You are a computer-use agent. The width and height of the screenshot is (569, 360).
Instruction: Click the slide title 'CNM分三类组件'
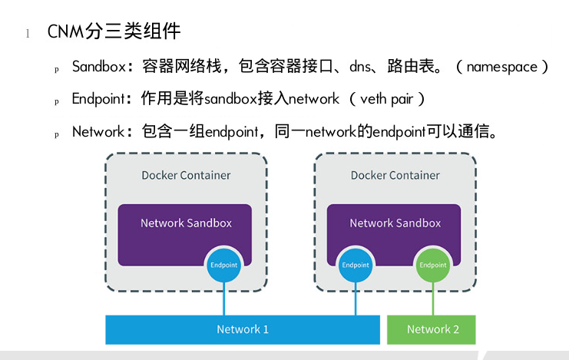pyautogui.click(x=114, y=31)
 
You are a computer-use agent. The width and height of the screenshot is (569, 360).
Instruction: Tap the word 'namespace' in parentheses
pyautogui.click(x=501, y=67)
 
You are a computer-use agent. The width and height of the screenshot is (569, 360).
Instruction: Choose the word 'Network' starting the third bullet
pyautogui.click(x=98, y=131)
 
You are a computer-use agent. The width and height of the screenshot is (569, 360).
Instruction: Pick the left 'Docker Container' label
pyautogui.click(x=186, y=175)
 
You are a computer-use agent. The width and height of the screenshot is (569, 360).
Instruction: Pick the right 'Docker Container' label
pyautogui.click(x=395, y=175)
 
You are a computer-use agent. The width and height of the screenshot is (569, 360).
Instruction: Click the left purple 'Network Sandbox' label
pyautogui.click(x=186, y=223)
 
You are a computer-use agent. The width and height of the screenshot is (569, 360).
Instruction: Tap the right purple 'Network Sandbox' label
pyautogui.click(x=395, y=223)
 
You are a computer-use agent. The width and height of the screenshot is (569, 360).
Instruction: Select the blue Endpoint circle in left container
pyautogui.click(x=223, y=265)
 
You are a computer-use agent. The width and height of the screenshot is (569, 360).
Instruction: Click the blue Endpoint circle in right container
pyautogui.click(x=356, y=265)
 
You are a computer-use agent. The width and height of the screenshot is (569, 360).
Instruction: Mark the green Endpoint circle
pyautogui.click(x=432, y=265)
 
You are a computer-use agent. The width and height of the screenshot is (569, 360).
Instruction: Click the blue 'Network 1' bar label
pyautogui.click(x=243, y=329)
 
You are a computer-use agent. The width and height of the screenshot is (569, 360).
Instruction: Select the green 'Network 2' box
pyautogui.click(x=432, y=329)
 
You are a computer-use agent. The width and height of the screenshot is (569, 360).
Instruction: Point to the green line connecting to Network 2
pyautogui.click(x=432, y=299)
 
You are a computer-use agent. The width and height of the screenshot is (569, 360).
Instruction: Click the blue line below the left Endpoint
pyautogui.click(x=223, y=299)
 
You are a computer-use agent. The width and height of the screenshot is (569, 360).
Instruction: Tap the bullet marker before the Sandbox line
pyautogui.click(x=56, y=69)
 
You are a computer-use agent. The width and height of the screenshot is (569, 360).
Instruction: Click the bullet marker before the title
pyautogui.click(x=28, y=33)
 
